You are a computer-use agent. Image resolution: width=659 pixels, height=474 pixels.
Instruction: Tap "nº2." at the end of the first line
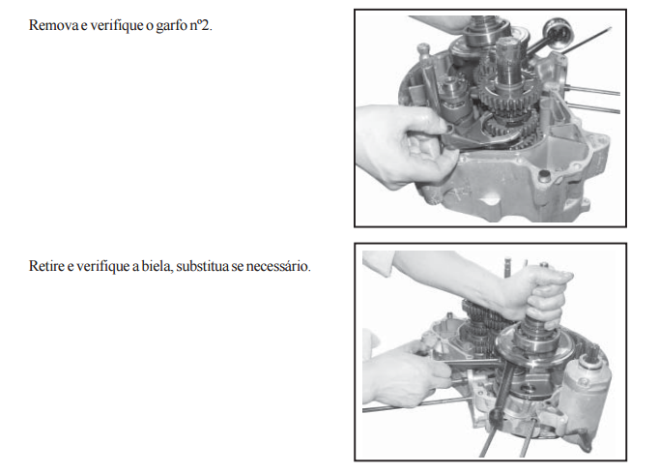(x=201, y=26)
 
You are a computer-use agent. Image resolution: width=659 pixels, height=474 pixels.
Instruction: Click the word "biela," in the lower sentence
(x=158, y=266)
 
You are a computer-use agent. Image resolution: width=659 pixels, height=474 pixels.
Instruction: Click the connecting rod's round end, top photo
(x=559, y=30)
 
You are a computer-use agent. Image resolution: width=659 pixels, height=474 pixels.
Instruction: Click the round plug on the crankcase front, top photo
(x=544, y=175)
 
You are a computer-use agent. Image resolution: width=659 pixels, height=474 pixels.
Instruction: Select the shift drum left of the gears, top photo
(x=451, y=98)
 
